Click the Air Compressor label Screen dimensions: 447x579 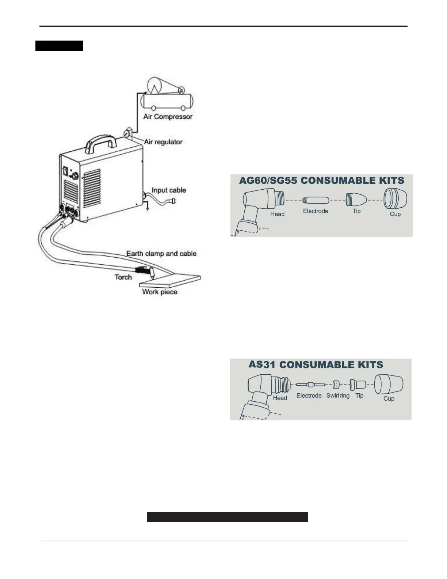pos(168,117)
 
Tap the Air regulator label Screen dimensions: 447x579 pos(163,142)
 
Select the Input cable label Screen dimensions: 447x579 pos(169,190)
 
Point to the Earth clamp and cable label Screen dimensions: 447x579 pos(161,253)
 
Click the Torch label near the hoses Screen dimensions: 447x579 pos(123,277)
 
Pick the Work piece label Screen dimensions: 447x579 pos(160,292)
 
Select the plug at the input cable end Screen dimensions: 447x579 pos(173,201)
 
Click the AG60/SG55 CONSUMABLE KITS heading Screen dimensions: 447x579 pos(322,180)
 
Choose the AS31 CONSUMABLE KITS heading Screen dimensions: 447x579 pos(316,364)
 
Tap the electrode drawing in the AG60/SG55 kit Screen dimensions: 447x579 pos(316,200)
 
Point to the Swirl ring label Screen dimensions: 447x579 pos(338,396)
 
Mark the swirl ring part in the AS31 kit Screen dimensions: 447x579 pos(336,385)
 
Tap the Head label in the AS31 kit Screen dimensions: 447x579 pos(280,398)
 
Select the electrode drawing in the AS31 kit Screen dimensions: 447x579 pos(309,385)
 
